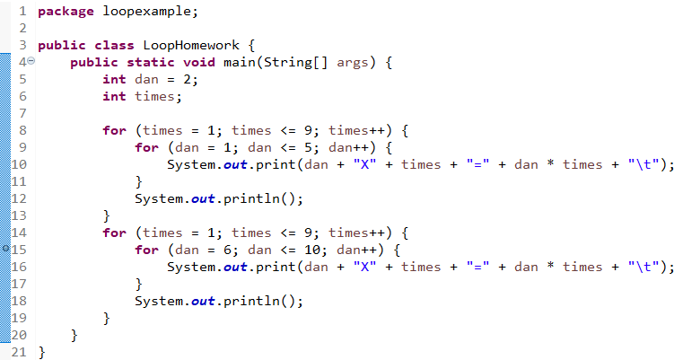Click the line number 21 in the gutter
coord(18,351)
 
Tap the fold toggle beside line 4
coord(31,62)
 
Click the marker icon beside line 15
coord(6,249)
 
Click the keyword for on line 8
coord(114,130)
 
